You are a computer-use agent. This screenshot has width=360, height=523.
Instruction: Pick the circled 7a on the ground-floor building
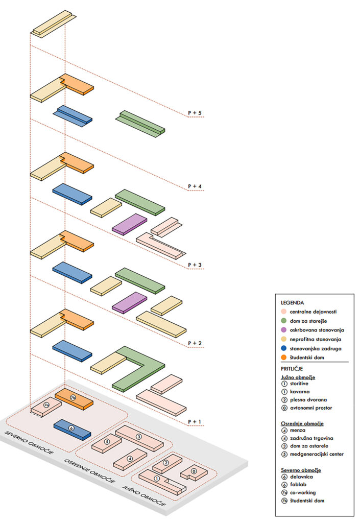[46, 405]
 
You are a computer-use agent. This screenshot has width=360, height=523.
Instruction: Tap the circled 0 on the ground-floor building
[194, 470]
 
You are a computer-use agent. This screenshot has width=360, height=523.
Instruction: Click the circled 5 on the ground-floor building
[107, 441]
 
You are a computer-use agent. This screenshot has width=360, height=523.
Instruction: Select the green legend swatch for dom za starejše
[284, 321]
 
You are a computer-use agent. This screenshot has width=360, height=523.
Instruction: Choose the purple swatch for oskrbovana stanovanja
[284, 330]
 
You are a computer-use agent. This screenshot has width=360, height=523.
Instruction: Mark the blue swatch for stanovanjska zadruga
[284, 348]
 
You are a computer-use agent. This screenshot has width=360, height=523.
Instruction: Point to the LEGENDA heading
[292, 302]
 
